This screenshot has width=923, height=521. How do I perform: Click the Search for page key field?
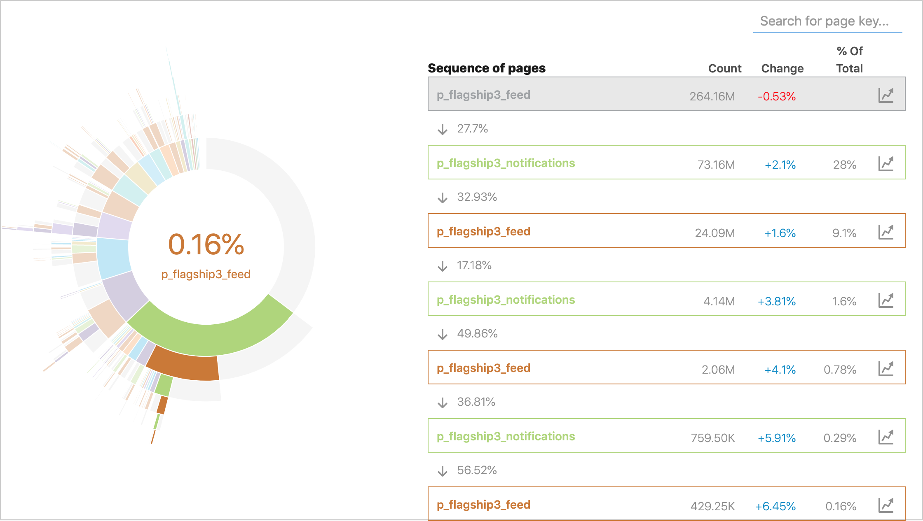pos(827,21)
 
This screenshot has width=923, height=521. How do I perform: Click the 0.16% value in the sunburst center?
pos(206,244)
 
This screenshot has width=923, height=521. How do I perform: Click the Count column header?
pos(724,68)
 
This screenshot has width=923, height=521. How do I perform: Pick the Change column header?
pos(782,68)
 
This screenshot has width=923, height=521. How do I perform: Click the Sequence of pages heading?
pos(486,68)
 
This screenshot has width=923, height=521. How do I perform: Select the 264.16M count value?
pos(712,96)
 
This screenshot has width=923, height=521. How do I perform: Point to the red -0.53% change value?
pos(776,96)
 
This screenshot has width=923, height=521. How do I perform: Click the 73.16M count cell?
pos(716,165)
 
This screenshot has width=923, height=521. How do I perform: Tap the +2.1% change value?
pos(780,165)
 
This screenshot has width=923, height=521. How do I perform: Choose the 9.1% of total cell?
pos(844,233)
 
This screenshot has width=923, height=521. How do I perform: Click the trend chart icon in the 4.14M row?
pos(886,300)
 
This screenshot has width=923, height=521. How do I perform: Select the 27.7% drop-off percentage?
pos(472,129)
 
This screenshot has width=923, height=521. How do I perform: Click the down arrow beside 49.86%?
pos(443,334)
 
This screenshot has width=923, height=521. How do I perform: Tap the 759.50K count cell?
pos(712,438)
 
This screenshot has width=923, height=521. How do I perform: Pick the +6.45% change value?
pos(775,506)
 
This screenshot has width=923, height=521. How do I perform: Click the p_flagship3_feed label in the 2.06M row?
pos(483,368)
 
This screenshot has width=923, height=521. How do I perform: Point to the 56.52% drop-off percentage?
pos(477,470)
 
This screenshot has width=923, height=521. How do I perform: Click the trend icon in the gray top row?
pos(886,95)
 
